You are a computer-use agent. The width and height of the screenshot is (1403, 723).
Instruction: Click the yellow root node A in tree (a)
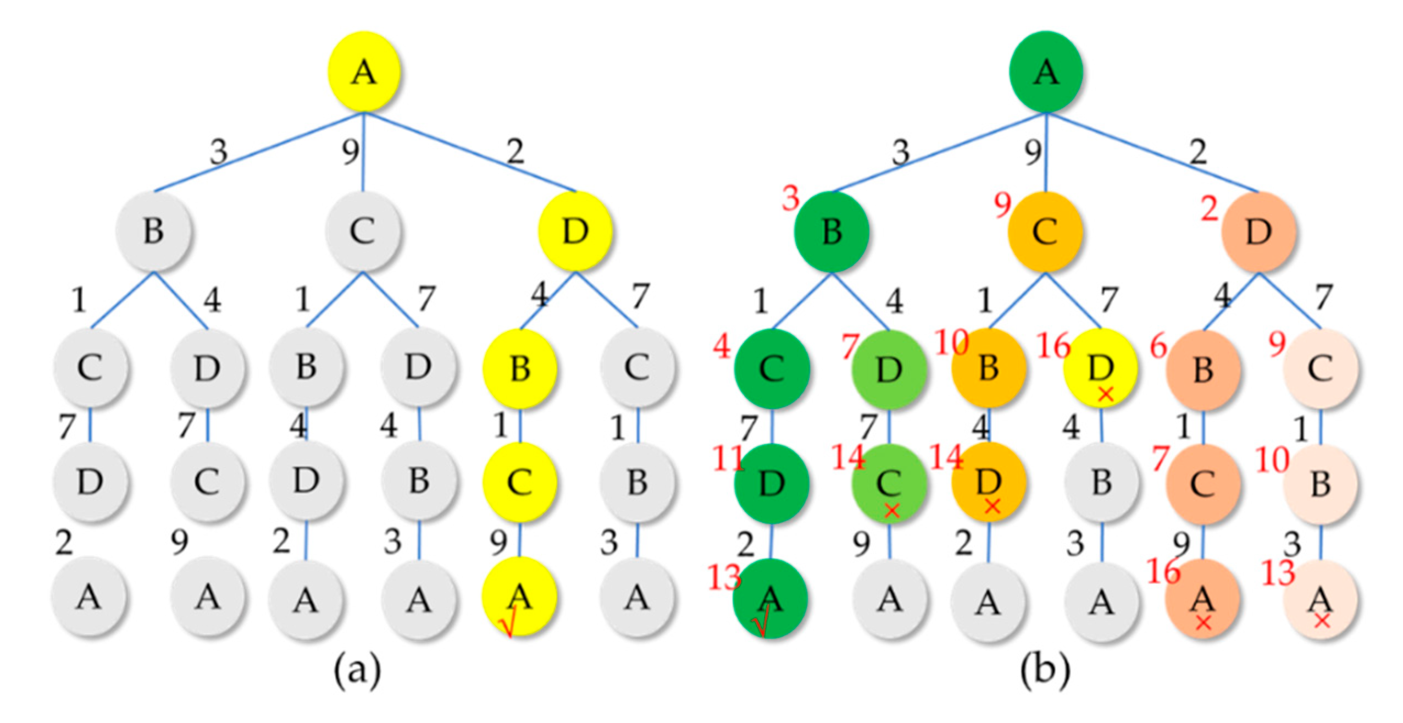coord(363,72)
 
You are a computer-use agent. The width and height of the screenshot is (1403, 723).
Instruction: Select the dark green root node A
coord(1045,72)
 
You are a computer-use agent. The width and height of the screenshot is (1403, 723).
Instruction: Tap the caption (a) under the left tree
coord(357,670)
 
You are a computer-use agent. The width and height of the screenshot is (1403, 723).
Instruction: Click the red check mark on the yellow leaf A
coord(507,626)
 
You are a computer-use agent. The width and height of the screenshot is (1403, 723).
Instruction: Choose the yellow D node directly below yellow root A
coord(575,231)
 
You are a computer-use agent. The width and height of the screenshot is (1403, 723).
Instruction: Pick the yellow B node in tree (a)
coord(519,368)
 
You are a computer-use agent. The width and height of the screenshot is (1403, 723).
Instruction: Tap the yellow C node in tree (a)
coord(519,482)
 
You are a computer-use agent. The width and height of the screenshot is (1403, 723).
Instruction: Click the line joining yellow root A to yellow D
coord(470,152)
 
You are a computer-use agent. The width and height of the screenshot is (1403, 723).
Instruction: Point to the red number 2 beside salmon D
coord(1208,209)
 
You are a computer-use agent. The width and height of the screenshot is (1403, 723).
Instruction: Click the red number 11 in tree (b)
coord(728,458)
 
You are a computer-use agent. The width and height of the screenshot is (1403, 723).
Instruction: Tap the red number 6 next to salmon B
coord(1158,346)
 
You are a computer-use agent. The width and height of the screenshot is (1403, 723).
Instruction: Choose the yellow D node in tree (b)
coord(1101,368)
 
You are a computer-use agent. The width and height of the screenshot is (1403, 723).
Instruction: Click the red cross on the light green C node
coord(891,510)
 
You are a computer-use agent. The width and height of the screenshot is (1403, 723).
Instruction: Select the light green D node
coord(889,369)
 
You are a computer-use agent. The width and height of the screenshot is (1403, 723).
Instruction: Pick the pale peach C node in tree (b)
coord(1320,369)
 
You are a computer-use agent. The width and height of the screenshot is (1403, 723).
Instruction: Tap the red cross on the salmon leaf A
coord(1203,623)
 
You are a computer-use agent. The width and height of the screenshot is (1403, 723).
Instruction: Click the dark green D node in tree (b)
coord(771,483)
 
